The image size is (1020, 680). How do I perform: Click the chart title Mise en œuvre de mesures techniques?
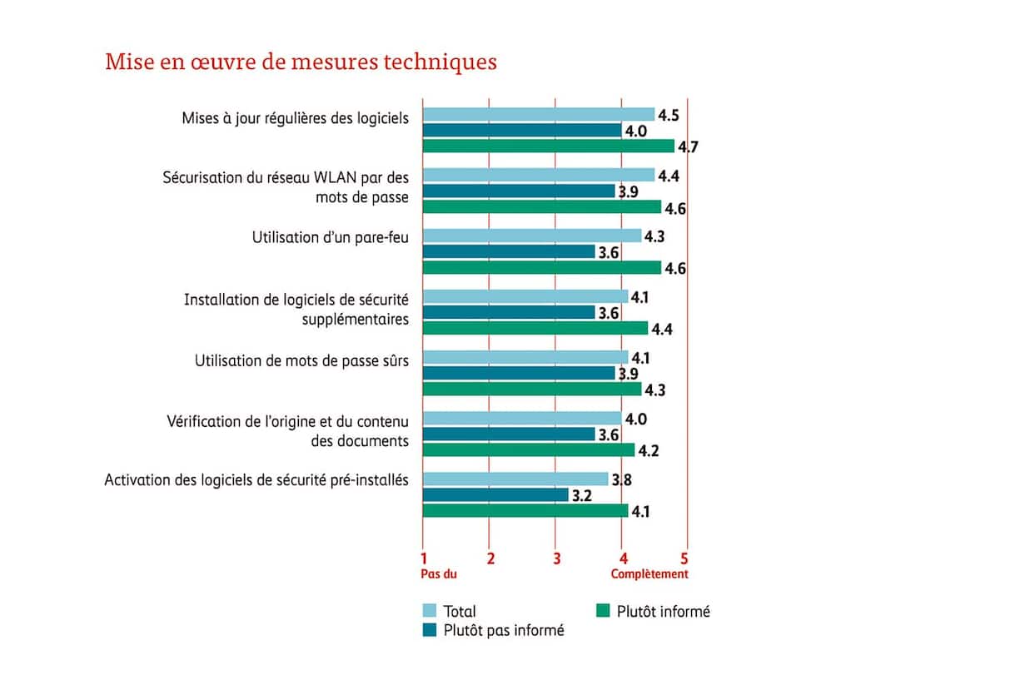click(301, 62)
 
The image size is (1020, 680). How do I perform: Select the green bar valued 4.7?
click(549, 146)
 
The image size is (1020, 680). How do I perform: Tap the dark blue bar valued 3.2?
click(495, 495)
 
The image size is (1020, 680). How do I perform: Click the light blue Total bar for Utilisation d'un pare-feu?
click(532, 236)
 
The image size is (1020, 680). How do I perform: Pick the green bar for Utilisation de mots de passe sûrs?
click(532, 389)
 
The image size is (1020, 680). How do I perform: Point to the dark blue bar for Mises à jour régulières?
click(522, 131)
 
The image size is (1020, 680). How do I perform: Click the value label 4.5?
click(669, 115)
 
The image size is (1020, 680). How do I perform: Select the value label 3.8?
click(622, 479)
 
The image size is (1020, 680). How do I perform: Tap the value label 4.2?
click(649, 450)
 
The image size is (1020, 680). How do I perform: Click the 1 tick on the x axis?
click(424, 558)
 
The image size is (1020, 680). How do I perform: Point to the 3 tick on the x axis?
click(556, 558)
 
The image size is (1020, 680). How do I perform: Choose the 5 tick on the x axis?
click(686, 558)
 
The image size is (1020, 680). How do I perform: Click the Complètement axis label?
click(649, 574)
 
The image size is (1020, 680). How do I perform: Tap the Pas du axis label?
click(437, 574)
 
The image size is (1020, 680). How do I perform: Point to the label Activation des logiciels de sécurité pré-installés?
click(256, 480)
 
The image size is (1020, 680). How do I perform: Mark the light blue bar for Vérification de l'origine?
click(522, 418)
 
